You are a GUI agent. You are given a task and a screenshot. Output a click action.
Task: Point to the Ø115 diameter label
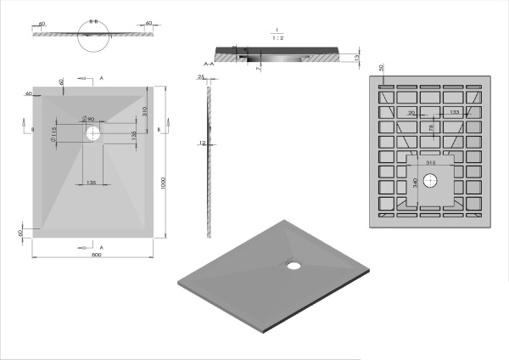[53, 134]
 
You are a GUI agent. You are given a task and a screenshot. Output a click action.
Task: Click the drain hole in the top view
[92, 132]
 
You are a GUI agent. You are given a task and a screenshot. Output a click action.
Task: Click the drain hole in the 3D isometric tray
[294, 265]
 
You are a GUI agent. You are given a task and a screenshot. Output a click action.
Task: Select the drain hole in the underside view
[430, 180]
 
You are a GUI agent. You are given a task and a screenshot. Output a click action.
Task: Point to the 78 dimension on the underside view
[430, 127]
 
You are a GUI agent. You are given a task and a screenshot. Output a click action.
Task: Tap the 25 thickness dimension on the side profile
[202, 78]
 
